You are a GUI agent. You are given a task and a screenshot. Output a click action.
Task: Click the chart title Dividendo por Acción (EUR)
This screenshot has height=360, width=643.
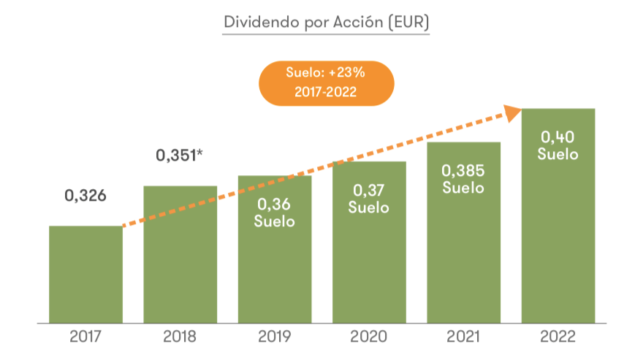pyautogui.click(x=326, y=22)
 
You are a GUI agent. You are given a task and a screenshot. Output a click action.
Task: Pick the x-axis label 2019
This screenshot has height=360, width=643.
pyautogui.click(x=275, y=337)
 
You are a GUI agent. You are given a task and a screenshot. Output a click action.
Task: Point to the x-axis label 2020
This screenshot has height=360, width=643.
pyautogui.click(x=369, y=337)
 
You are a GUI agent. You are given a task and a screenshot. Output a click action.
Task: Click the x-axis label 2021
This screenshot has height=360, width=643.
pyautogui.click(x=463, y=337)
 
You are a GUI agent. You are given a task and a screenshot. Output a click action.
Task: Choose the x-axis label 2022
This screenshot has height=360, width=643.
pyautogui.click(x=558, y=337)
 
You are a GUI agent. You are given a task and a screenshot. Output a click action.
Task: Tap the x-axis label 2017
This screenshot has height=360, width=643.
pyautogui.click(x=85, y=337)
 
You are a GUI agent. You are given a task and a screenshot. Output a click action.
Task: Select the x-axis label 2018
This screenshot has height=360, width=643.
pyautogui.click(x=180, y=337)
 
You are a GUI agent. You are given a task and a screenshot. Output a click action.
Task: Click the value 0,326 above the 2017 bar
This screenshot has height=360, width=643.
pyautogui.click(x=85, y=196)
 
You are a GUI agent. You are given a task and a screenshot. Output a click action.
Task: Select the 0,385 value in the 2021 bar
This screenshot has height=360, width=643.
pyautogui.click(x=463, y=171)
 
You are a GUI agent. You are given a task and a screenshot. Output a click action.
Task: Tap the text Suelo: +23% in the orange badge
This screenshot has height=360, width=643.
pyautogui.click(x=326, y=74)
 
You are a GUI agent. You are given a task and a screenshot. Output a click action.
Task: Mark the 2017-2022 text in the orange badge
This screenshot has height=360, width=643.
pyautogui.click(x=326, y=92)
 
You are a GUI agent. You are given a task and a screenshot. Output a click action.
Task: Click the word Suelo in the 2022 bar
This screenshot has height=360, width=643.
pyautogui.click(x=558, y=154)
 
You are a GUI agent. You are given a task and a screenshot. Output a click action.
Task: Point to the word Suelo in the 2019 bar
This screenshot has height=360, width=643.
pyautogui.click(x=275, y=221)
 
